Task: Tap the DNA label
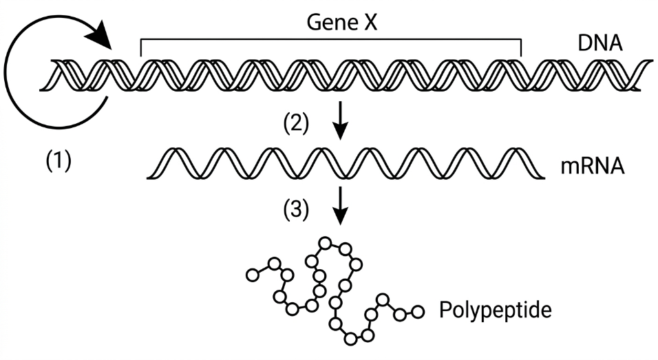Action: point(600,45)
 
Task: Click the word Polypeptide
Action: point(495,310)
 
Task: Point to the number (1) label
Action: point(58,162)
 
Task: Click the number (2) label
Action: point(298,124)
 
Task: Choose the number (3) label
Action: point(298,211)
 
